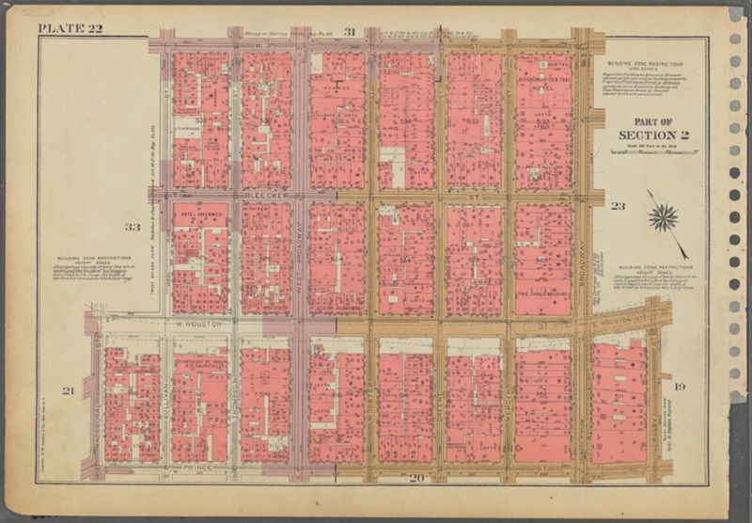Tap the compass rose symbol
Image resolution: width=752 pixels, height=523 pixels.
click(663, 218)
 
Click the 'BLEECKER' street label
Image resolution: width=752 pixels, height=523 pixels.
click(264, 197)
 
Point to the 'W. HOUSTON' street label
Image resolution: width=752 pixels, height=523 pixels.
click(198, 324)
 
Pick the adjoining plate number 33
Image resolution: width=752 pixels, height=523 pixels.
click(132, 227)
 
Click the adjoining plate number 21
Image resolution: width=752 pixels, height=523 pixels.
click(68, 390)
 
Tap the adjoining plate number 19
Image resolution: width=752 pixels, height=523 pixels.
click(680, 386)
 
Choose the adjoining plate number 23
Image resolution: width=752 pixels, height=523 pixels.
click(618, 205)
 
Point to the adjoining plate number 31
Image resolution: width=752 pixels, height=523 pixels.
click(349, 32)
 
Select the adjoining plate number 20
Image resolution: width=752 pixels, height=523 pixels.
click(416, 478)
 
